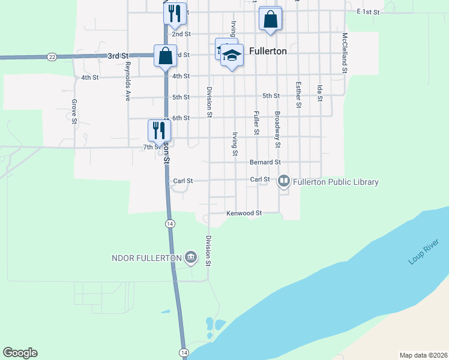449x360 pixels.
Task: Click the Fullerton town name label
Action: point(265,52)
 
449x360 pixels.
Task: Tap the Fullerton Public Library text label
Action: point(336,182)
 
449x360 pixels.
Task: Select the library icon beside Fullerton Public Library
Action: point(283,180)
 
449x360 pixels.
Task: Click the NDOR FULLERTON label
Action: point(146,258)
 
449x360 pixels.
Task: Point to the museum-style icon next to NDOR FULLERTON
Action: point(190,257)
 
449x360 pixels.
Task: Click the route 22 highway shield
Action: point(52,56)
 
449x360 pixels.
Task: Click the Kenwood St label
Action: point(244,213)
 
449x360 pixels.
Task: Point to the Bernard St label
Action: point(265,162)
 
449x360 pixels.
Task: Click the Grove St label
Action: point(74,112)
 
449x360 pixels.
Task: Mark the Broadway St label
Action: point(277,129)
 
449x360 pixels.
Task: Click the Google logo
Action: point(20,353)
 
